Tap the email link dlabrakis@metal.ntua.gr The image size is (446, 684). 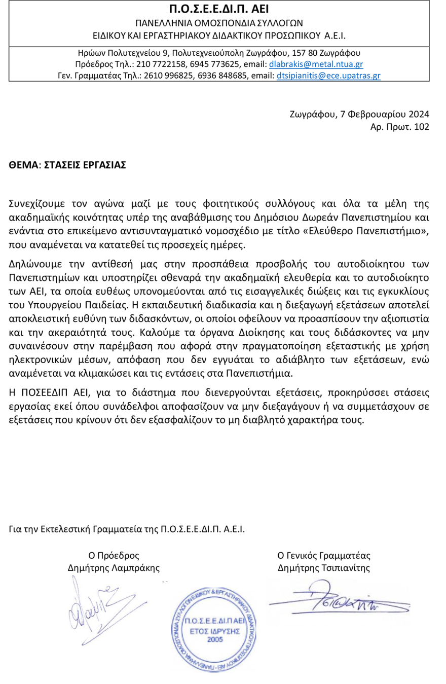pyautogui.click(x=316, y=64)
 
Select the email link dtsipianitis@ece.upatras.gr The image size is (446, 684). pyautogui.click(x=328, y=76)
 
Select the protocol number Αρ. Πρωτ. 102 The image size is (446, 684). pyautogui.click(x=400, y=127)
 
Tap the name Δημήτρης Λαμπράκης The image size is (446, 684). pyautogui.click(x=114, y=567)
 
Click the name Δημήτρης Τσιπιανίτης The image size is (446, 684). pyautogui.click(x=324, y=567)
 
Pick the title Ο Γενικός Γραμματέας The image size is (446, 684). pyautogui.click(x=324, y=555)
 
